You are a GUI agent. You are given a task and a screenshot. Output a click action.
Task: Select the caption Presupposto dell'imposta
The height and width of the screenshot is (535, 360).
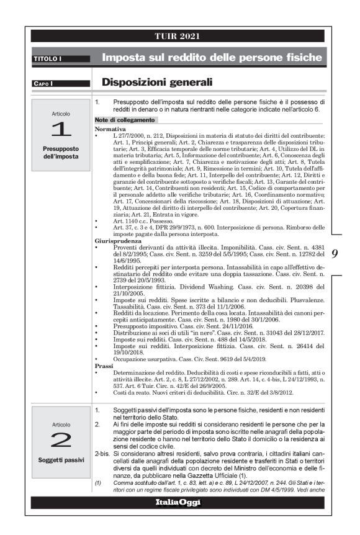pos(61,153)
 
